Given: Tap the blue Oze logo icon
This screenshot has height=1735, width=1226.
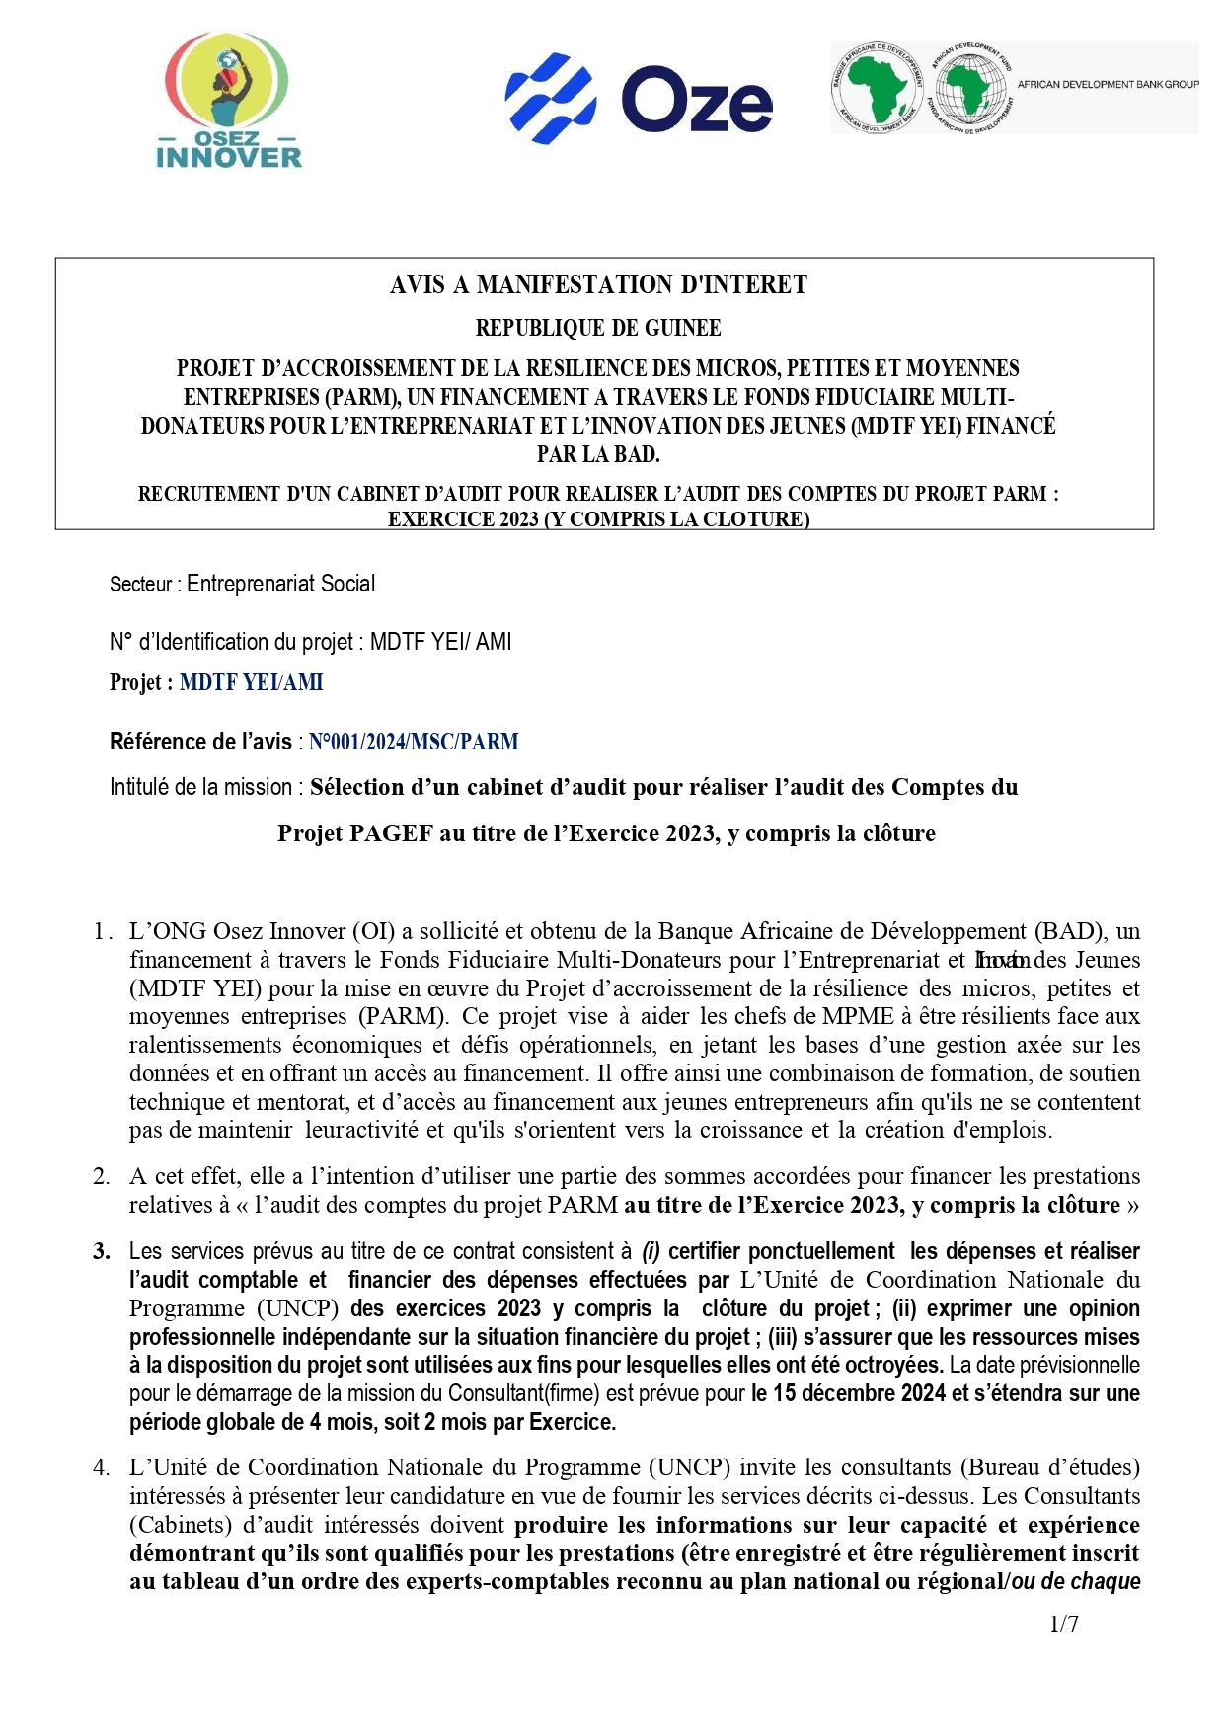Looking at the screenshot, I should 550,99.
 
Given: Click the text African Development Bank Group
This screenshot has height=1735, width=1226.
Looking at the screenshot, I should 1108,85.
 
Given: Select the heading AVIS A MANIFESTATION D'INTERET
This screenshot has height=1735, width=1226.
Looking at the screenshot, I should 598,285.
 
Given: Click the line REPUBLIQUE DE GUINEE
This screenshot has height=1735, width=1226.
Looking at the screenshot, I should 598,328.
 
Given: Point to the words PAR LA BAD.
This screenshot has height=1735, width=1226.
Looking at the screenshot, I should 598,454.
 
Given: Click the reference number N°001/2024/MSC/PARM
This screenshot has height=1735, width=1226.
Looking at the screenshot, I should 413,742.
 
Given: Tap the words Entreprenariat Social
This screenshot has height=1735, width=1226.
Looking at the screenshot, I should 280,584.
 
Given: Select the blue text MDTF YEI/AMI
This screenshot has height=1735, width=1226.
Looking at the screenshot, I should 251,682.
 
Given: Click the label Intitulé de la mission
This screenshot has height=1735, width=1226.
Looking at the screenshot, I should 200,787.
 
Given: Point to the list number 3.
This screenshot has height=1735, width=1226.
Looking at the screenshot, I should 102,1251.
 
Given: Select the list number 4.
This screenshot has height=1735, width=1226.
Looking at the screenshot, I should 102,1467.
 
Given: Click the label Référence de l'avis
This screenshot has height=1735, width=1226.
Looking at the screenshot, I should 200,742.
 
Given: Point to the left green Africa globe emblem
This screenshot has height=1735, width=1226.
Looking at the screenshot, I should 878,87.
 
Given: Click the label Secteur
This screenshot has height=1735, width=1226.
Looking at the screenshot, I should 140,584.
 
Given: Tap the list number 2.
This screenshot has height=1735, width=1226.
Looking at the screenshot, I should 102,1176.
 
